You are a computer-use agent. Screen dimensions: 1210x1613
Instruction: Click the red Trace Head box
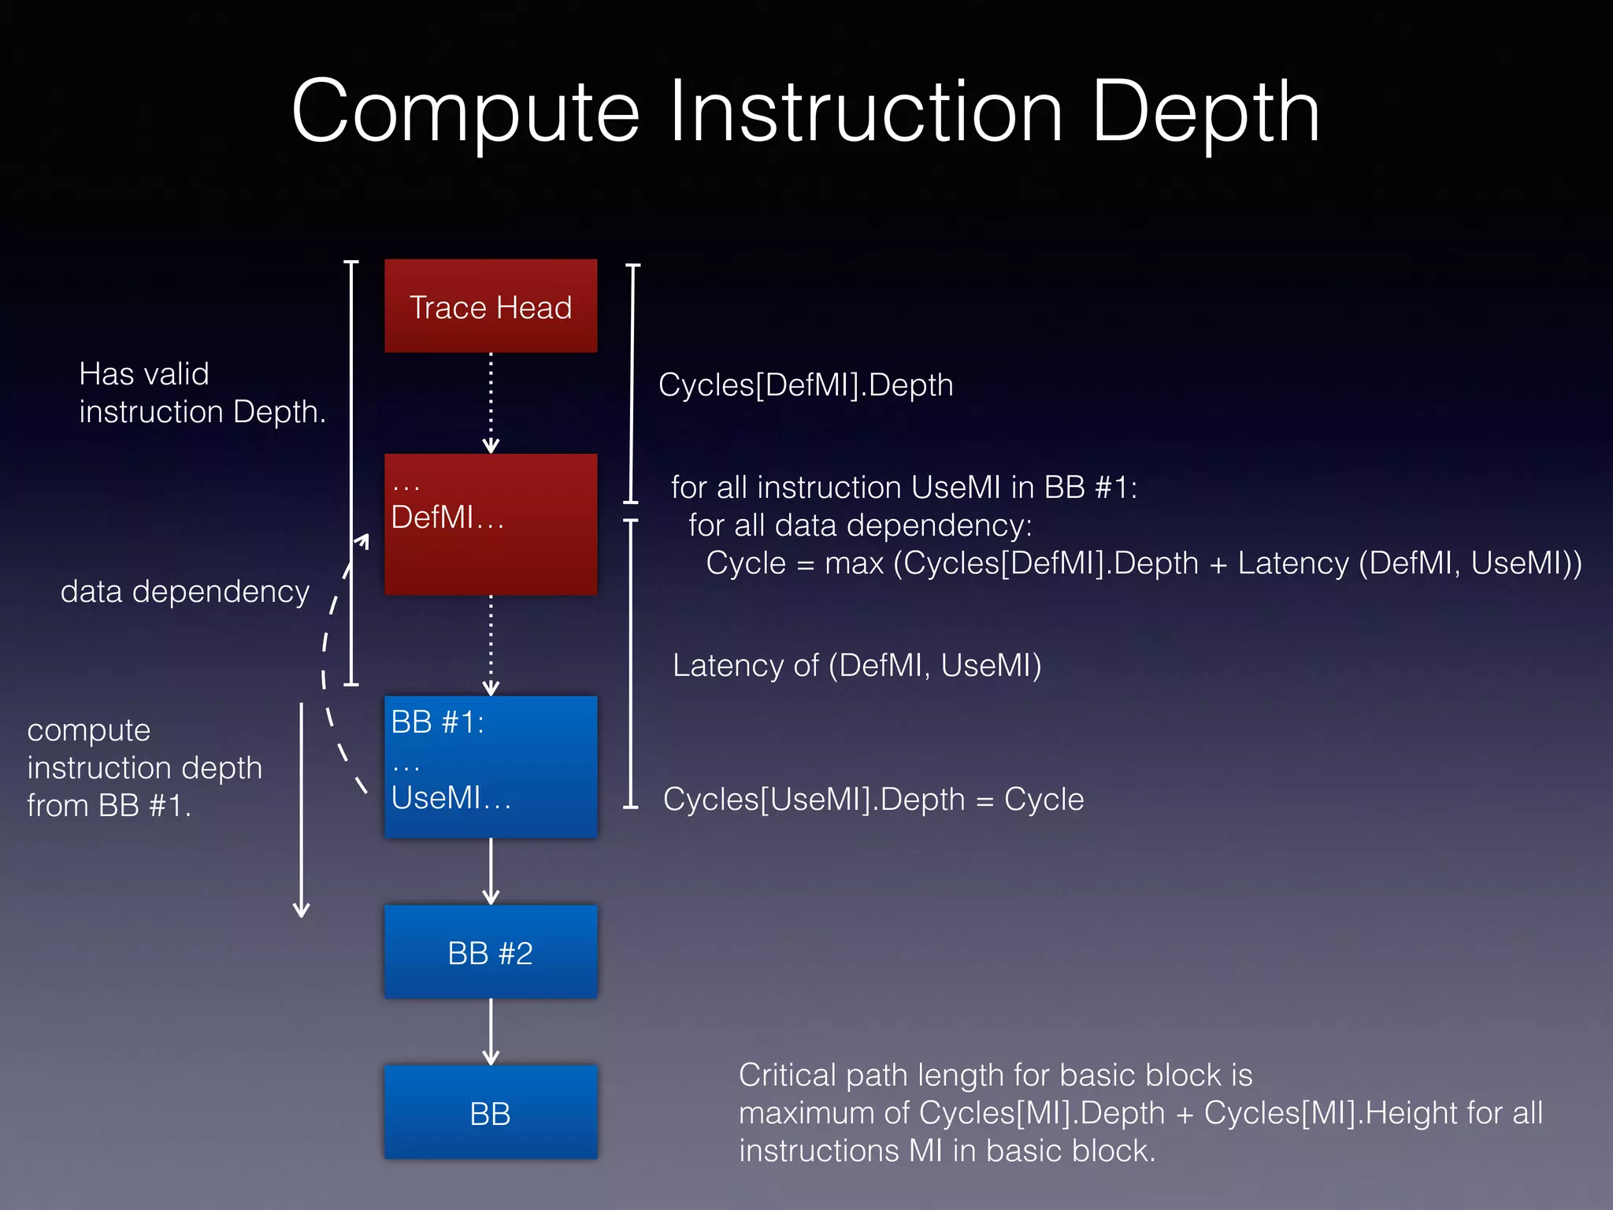click(490, 306)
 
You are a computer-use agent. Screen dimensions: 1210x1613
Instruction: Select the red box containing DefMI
click(490, 544)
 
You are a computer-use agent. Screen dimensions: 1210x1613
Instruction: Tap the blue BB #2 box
click(490, 952)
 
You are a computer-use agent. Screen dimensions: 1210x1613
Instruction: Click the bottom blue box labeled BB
click(490, 1113)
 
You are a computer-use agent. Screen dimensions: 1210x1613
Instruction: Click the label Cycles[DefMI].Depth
click(805, 385)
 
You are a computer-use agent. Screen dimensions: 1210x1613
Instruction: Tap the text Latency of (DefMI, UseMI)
click(856, 666)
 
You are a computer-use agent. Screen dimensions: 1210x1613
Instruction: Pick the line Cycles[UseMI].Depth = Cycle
click(873, 800)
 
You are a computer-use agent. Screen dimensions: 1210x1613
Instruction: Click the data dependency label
click(185, 592)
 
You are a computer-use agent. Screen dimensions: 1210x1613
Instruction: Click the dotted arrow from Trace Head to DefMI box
click(491, 402)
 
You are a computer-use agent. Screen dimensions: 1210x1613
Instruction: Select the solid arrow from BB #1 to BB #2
click(491, 870)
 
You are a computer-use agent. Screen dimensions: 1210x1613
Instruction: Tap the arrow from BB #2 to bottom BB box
click(491, 1030)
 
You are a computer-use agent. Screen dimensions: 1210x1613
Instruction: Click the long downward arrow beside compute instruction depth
click(301, 811)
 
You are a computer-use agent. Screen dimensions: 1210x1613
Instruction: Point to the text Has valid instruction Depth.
click(201, 392)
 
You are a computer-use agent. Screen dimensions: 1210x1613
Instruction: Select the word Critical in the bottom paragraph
click(788, 1075)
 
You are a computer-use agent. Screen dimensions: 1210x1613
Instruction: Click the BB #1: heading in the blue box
click(437, 722)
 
